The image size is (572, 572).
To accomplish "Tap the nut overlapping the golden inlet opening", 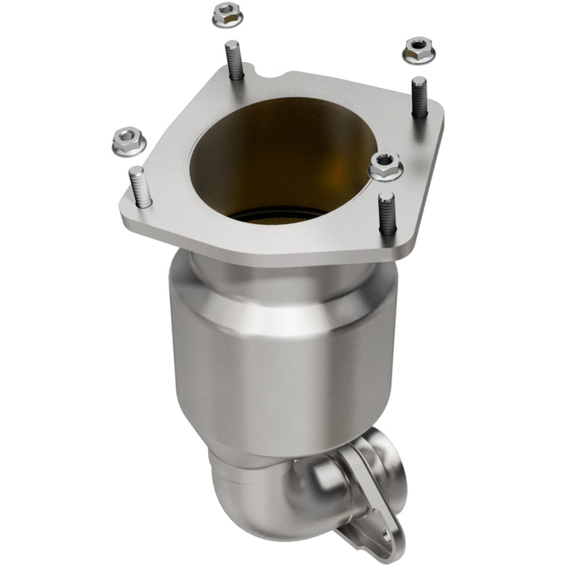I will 385,165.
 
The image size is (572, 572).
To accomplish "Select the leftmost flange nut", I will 128,141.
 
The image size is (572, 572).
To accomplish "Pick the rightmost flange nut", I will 419,50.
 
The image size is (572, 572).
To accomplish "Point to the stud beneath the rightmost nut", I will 419,96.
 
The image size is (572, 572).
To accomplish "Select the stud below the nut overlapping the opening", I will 386,213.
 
